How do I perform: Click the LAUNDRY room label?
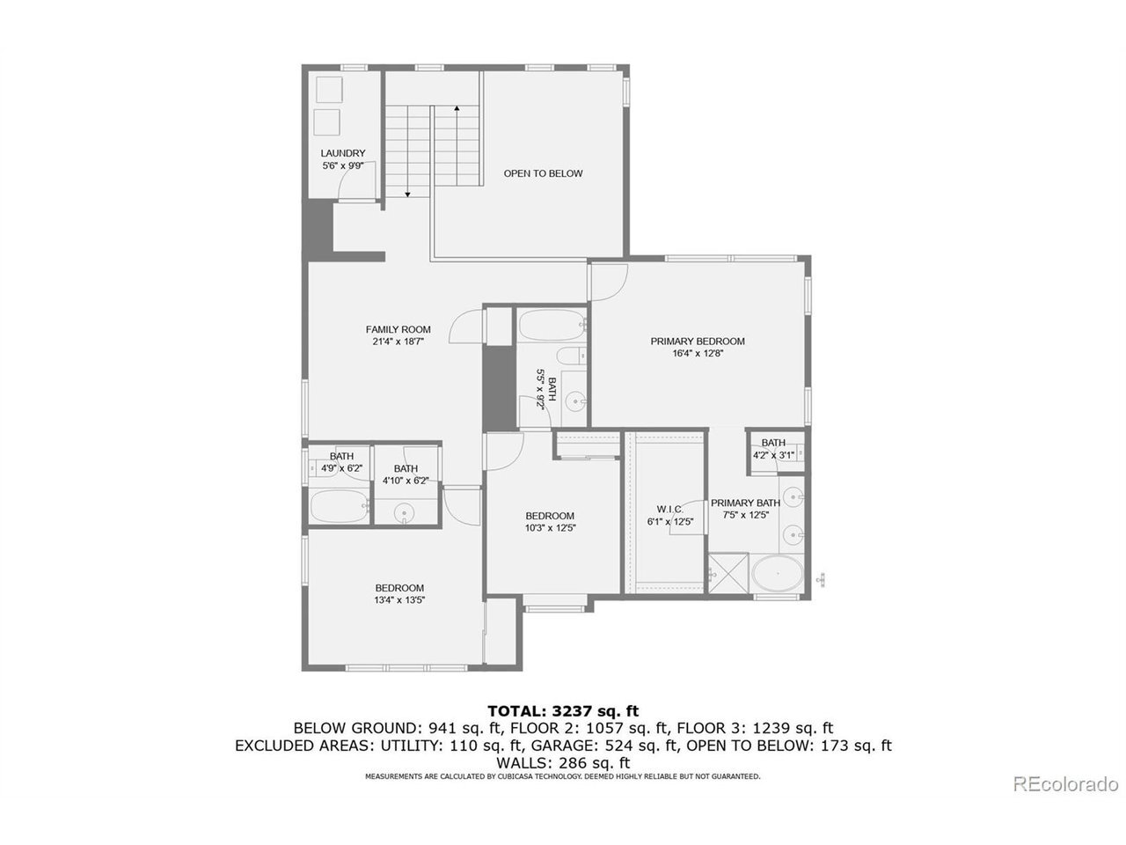343,153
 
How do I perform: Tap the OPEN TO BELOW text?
543,173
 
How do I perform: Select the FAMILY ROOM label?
398,329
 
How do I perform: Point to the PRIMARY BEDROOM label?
697,342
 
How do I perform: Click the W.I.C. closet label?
670,510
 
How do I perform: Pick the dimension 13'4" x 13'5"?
399,600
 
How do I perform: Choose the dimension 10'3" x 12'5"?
550,528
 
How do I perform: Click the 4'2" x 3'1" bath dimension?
773,455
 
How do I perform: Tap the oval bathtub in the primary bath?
778,573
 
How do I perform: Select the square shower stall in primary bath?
728,574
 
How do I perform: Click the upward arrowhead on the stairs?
457,108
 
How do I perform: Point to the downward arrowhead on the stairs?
408,194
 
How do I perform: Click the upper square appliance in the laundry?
329,90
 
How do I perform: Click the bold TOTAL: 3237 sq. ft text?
563,711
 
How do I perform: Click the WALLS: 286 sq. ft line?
563,763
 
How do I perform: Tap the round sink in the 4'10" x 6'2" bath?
405,512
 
